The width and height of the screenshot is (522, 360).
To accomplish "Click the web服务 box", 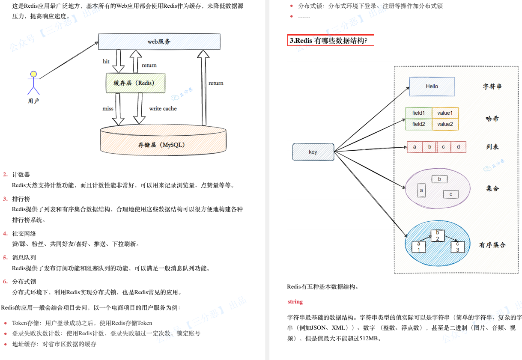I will [x=159, y=42].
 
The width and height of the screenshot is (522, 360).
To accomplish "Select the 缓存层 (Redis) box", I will [x=135, y=83].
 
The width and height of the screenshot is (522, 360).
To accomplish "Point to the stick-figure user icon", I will [x=33, y=83].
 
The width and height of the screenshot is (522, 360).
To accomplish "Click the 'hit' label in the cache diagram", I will [x=106, y=62].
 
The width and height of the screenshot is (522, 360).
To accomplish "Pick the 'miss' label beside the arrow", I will [x=108, y=109].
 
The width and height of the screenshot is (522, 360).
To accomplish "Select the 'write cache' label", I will [x=163, y=109].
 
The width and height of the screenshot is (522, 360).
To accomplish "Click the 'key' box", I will [x=313, y=152].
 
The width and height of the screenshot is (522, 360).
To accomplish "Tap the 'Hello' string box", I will [x=432, y=86].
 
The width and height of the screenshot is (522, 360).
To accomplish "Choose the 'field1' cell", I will [x=418, y=113].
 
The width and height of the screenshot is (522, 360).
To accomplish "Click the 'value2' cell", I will [x=445, y=124].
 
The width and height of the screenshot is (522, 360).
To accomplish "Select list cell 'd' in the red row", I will [x=458, y=147].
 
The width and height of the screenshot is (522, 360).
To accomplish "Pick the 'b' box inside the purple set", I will [x=439, y=179].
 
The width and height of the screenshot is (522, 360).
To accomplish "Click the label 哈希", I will [x=492, y=119].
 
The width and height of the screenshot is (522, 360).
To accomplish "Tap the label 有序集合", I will [x=492, y=245].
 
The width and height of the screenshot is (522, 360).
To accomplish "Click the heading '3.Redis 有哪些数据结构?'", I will [x=328, y=41].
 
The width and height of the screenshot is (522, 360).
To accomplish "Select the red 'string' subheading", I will [x=295, y=302].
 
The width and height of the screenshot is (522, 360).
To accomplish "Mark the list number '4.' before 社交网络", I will [x=5, y=233].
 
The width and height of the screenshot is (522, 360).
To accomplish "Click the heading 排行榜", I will [x=21, y=199].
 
